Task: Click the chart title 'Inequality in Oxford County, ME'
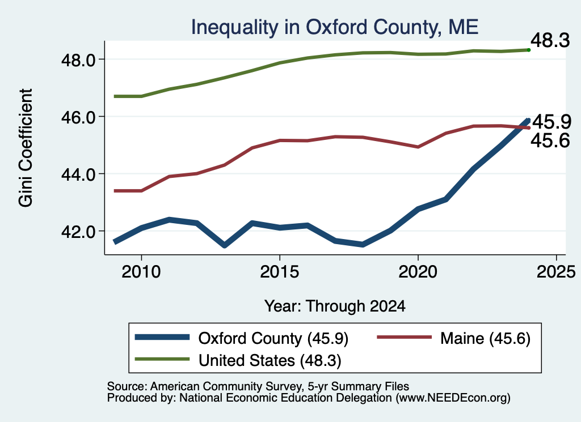coord(335,27)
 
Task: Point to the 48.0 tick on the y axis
coord(79,59)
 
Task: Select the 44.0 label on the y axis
coord(79,174)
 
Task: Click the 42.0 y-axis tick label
coord(79,231)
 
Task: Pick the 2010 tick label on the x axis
coord(141,272)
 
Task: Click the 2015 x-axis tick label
coord(279,272)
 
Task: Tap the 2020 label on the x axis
coord(418,272)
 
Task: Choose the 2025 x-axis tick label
coord(556,272)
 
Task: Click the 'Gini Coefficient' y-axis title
coord(26,148)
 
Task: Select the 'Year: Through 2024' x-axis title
coord(335,306)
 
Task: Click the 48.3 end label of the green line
coord(550,40)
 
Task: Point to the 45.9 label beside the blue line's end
coord(551,122)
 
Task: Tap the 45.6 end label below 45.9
coord(550,140)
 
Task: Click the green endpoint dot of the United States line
coord(529,50)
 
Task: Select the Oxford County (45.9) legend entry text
coord(273,338)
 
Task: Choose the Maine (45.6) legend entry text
coord(486,338)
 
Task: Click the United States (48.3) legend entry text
coord(270,361)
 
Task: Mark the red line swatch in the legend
coord(404,337)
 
